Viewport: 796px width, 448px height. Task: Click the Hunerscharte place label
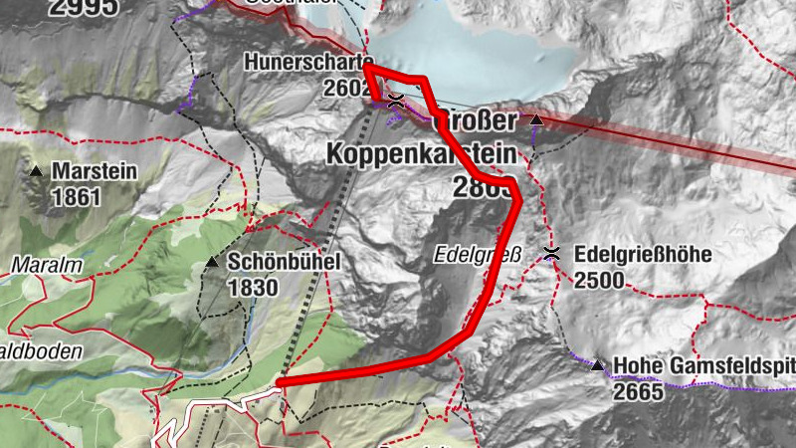pyautogui.click(x=307, y=63)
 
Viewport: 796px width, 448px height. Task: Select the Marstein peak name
pyautogui.click(x=95, y=171)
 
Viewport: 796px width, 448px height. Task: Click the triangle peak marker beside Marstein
pyautogui.click(x=37, y=171)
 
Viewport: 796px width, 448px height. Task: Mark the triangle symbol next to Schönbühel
pyautogui.click(x=212, y=262)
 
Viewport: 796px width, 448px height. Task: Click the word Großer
pyautogui.click(x=478, y=122)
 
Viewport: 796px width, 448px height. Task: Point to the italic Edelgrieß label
pyautogui.click(x=478, y=254)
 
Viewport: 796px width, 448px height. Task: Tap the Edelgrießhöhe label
pyautogui.click(x=643, y=255)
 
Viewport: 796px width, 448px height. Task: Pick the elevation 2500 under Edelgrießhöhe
pyautogui.click(x=599, y=280)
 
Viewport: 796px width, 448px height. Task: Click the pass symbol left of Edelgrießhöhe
pyautogui.click(x=552, y=254)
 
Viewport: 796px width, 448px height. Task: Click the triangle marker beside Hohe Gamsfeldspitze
pyautogui.click(x=597, y=365)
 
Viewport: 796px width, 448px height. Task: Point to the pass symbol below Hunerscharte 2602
pyautogui.click(x=395, y=99)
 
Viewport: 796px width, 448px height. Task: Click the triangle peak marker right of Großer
pyautogui.click(x=536, y=120)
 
